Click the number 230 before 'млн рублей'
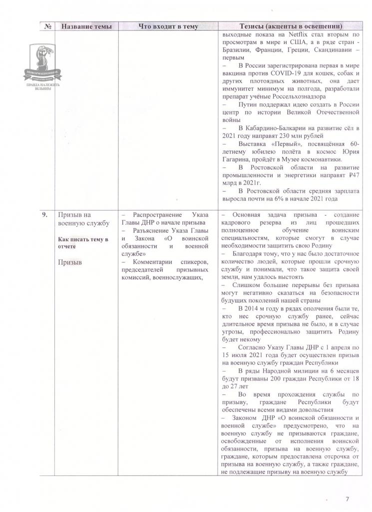coord(279,135)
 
